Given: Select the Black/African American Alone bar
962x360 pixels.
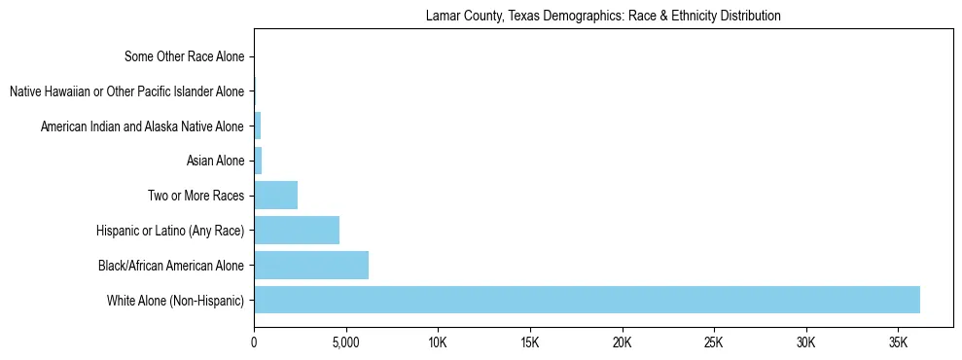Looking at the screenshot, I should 311,265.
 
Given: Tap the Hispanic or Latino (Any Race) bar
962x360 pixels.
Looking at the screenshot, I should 297,231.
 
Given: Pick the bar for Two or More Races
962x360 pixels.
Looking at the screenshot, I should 275,196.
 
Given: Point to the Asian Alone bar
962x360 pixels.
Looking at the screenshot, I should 258,161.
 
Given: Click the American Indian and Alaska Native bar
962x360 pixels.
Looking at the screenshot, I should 258,126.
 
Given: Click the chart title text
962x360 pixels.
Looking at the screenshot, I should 603,17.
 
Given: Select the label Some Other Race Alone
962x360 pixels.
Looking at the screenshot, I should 185,56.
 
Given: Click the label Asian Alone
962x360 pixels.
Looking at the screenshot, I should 216,161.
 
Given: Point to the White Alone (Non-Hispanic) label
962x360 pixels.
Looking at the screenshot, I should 176,300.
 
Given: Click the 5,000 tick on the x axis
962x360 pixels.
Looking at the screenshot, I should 346,343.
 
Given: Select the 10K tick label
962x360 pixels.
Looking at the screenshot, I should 438,343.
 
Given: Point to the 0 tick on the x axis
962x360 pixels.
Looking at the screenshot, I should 254,343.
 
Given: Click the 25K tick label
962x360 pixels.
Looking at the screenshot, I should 714,343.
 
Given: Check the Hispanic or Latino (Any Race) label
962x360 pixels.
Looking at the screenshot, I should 170,231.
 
